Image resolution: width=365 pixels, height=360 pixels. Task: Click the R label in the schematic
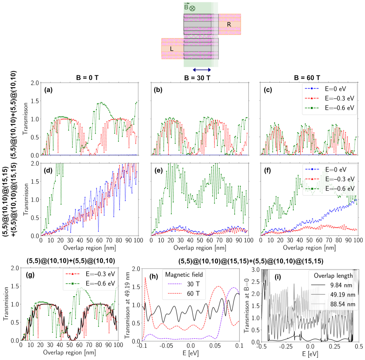pyautogui.click(x=229, y=24)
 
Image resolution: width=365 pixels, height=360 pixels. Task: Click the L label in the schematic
pyautogui.click(x=171, y=49)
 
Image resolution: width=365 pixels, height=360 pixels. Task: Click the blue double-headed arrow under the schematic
pyautogui.click(x=202, y=70)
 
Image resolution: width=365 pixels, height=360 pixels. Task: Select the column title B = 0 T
pyautogui.click(x=87, y=78)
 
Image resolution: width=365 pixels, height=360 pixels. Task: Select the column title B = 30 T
pyautogui.click(x=197, y=78)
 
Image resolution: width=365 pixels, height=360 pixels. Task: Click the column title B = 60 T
pyautogui.click(x=307, y=78)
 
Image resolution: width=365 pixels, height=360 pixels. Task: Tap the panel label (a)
pyautogui.click(x=49, y=90)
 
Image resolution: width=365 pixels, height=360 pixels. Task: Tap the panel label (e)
pyautogui.click(x=158, y=171)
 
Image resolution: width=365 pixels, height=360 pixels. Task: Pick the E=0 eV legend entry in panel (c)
pyautogui.click(x=325, y=89)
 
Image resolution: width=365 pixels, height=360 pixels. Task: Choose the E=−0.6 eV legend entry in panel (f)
pyautogui.click(x=329, y=189)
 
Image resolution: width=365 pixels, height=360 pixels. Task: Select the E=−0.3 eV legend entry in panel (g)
pyautogui.click(x=90, y=274)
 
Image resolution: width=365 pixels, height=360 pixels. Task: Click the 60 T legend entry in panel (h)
pyautogui.click(x=184, y=294)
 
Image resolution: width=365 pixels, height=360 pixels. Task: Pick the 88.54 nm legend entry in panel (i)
pyautogui.click(x=333, y=304)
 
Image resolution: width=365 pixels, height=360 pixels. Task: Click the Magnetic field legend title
pyautogui.click(x=184, y=274)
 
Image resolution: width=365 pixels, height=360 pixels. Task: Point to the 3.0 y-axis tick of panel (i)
pyautogui.click(x=256, y=270)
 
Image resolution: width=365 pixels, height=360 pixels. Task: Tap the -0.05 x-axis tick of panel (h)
pyautogui.click(x=166, y=345)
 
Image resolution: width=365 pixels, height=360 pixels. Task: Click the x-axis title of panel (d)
pyautogui.click(x=89, y=248)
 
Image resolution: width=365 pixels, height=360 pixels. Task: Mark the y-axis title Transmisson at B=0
pyautogui.click(x=247, y=305)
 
